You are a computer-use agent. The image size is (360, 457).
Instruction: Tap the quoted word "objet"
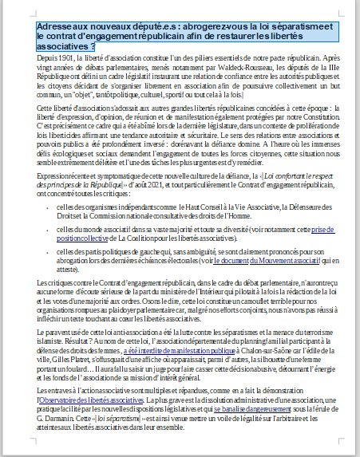tap(89, 95)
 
